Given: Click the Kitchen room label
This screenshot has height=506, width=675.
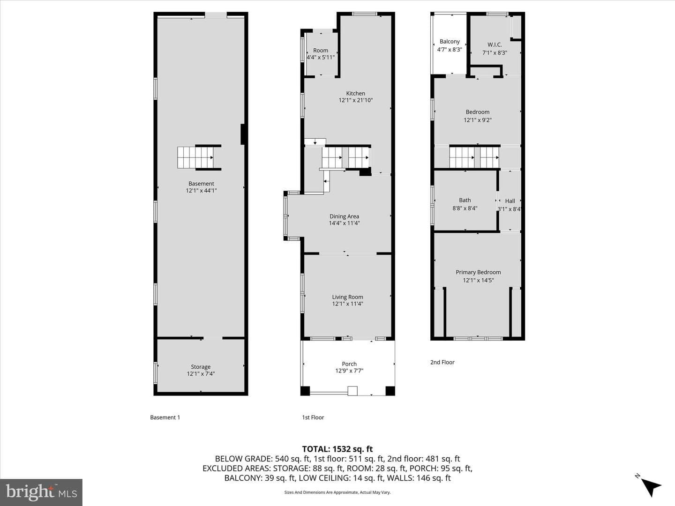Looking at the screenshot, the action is [355, 93].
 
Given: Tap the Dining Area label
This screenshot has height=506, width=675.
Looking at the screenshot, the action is [344, 216].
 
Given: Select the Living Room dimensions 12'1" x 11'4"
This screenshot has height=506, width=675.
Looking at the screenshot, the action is [347, 304].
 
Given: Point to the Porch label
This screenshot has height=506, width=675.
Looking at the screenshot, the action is [349, 364].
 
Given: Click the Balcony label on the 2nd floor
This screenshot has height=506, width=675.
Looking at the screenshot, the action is [450, 42].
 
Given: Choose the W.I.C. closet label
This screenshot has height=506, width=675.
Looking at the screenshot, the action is [495, 45].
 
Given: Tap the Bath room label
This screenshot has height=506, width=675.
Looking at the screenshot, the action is [465, 201].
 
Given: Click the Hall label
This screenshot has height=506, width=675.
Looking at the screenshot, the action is [510, 201].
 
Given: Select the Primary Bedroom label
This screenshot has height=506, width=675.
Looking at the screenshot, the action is [478, 272].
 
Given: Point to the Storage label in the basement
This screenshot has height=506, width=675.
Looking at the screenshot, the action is [201, 367].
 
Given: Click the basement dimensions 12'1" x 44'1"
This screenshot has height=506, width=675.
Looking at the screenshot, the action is [201, 191].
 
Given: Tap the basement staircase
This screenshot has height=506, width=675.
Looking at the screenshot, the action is [195, 157].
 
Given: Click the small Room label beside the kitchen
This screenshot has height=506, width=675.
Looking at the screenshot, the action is [321, 51].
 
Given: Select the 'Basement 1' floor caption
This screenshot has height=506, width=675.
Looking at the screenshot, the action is [165, 417].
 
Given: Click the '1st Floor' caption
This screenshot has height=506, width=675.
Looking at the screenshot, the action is [313, 417].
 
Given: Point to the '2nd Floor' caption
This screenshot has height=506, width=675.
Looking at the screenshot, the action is [442, 362].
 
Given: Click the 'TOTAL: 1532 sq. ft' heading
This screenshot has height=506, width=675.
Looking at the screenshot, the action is [337, 449].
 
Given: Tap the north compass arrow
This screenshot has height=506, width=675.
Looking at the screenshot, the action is [651, 487].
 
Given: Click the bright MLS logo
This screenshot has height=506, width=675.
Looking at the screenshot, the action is [41, 492].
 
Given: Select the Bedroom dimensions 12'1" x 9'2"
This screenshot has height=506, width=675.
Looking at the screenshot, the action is [477, 120].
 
